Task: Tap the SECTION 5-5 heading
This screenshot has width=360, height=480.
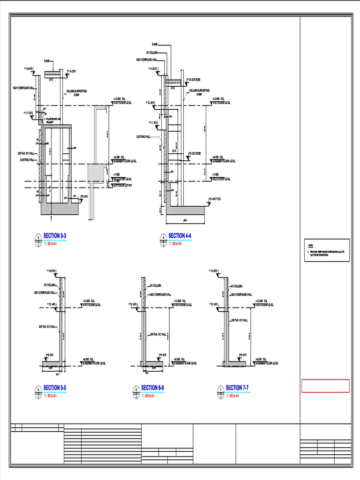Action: tap(55, 388)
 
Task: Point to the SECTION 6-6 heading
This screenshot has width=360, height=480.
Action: tap(152, 388)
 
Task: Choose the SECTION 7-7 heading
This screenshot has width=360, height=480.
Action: tap(237, 388)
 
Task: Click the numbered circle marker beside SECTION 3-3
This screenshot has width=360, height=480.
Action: tap(37, 239)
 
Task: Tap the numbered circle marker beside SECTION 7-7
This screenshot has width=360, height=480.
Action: tap(220, 390)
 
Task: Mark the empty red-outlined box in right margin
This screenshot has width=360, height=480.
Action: tap(325, 386)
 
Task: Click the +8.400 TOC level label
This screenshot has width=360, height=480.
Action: tap(216, 199)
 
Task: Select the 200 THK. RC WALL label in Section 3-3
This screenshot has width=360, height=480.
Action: tap(26, 154)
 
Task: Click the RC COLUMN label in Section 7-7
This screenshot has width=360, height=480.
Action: tap(236, 285)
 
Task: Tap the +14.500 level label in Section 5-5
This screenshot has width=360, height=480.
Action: tap(51, 271)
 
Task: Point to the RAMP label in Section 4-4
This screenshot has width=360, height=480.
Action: tap(154, 44)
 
